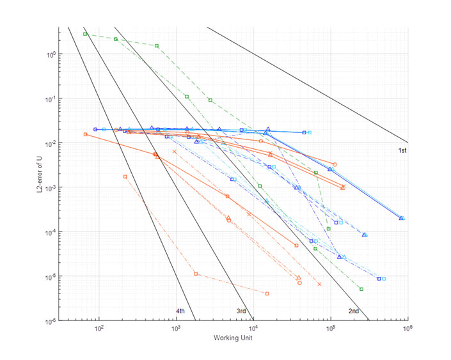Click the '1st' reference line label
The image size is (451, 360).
point(403,150)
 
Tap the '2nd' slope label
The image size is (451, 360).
point(353,311)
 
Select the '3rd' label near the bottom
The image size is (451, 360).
point(241,311)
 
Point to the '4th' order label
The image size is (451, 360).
point(180,311)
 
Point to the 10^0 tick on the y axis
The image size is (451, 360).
point(47,54)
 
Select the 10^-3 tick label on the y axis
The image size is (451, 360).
point(47,187)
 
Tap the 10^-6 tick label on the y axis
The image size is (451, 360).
point(47,320)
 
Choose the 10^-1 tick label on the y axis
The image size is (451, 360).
point(47,98)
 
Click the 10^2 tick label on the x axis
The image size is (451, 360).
point(99,329)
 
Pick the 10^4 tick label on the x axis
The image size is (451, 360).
point(253,329)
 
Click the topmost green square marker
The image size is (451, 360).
point(85,34)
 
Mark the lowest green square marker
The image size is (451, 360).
point(361,289)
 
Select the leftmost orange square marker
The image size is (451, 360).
point(85,134)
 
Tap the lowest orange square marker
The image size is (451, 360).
point(267,293)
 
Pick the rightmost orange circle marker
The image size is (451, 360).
point(335,164)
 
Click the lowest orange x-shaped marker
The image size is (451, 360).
point(319,284)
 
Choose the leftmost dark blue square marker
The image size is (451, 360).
point(95,129)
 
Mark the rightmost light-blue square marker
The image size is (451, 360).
point(384,279)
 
